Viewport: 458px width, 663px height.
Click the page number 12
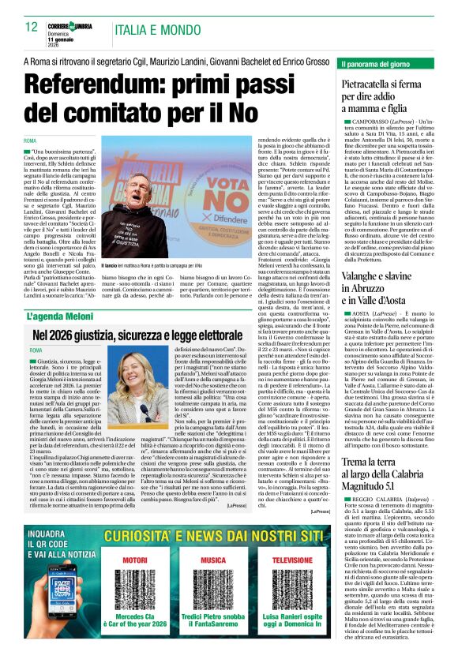32,26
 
